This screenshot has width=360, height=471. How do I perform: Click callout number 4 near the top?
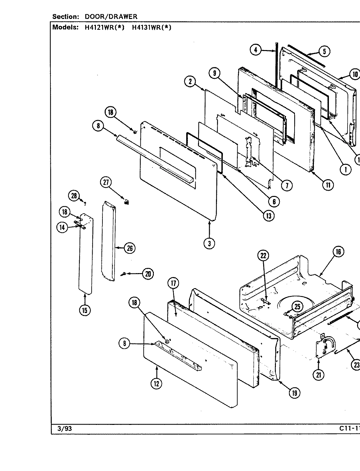tap(256, 50)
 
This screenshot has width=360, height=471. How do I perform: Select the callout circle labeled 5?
tap(324, 51)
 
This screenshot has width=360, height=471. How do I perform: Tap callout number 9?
tap(214, 73)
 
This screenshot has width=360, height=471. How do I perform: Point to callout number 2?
tap(190, 81)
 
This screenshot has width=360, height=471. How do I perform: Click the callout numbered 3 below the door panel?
tap(209, 243)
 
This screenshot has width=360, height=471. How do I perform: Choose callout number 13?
tap(269, 216)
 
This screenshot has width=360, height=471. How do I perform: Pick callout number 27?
tap(106, 183)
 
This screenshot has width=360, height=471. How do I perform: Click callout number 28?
tap(74, 196)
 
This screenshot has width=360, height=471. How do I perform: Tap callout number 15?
tap(85, 310)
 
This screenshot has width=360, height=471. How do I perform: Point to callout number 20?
tap(148, 274)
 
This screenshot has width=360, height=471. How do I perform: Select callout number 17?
tap(173, 283)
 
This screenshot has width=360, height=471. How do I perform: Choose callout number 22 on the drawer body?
tap(263, 256)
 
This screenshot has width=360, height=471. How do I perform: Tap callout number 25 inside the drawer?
tap(297, 306)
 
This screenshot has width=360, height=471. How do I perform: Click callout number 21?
tap(318, 375)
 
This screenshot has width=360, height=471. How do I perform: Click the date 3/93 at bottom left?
tap(62, 428)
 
